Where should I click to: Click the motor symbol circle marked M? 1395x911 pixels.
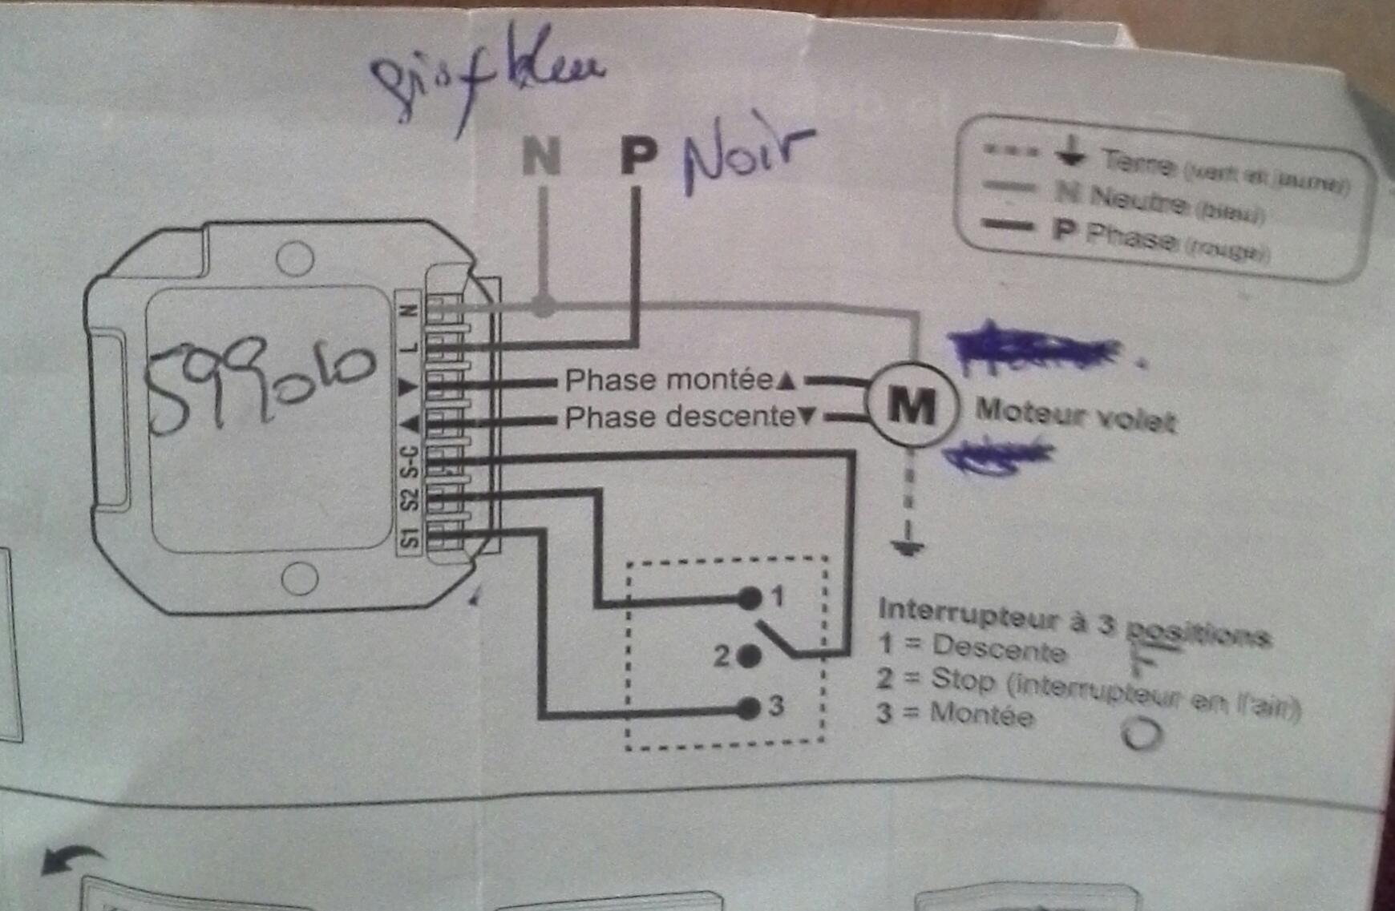(x=912, y=405)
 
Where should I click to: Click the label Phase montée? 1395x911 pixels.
(x=669, y=380)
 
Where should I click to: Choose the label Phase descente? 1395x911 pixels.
(x=679, y=417)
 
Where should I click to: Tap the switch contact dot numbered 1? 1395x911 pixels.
(x=750, y=598)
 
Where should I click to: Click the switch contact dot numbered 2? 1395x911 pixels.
(x=750, y=657)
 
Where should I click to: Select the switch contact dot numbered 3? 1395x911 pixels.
(x=750, y=708)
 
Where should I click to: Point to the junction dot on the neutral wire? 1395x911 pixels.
(x=544, y=306)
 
